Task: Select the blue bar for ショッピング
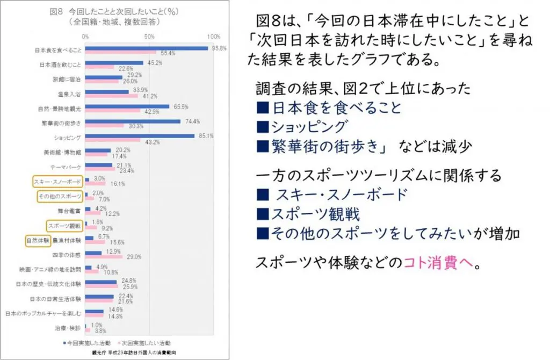pos(140,135)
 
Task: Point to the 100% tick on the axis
pos(213,37)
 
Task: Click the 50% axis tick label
pos(149,37)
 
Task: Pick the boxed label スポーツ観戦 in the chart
pos(63,226)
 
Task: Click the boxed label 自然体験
pos(38,240)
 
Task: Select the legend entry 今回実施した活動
pos(87,342)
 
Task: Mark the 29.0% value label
pos(134,257)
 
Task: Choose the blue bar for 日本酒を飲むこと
pos(114,63)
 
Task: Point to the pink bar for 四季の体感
pos(104,257)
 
